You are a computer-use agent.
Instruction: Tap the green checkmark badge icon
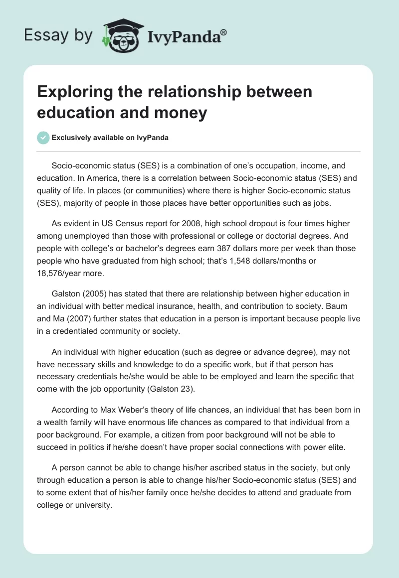[x=43, y=138]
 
